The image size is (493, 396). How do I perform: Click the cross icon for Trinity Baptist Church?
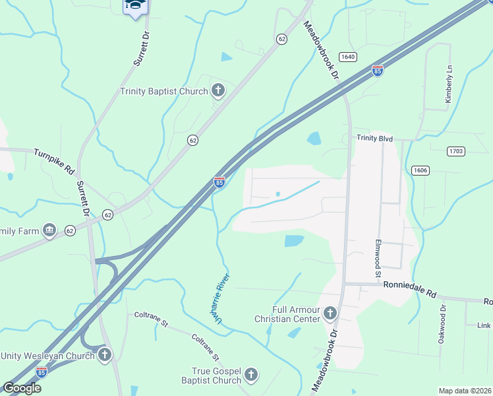click(x=219, y=91)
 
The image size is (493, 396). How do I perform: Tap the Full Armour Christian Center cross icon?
click(x=330, y=314)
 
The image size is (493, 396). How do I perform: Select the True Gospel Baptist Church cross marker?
click(x=250, y=376)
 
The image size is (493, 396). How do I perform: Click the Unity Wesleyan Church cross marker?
click(x=104, y=356)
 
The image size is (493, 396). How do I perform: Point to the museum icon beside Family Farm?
click(x=49, y=230)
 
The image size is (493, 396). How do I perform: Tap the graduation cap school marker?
click(x=136, y=6)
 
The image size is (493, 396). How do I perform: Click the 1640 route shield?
click(x=347, y=57)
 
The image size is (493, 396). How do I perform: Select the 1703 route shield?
click(x=456, y=151)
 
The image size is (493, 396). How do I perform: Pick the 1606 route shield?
click(x=420, y=170)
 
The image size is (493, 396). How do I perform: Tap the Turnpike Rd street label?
click(x=54, y=160)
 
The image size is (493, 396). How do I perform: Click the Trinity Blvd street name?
click(x=375, y=138)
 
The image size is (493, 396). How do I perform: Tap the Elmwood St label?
click(x=378, y=259)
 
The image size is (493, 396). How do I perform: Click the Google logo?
click(x=22, y=387)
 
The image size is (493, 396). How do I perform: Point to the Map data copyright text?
click(x=465, y=391)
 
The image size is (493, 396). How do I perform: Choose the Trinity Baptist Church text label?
click(x=163, y=91)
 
